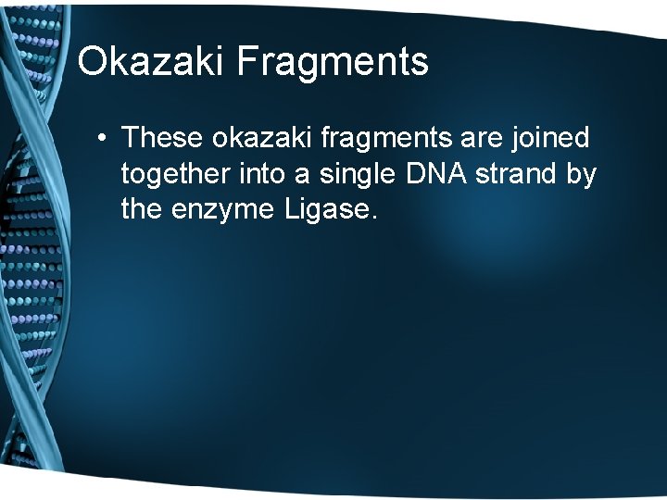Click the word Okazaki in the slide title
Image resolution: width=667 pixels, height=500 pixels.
(x=152, y=62)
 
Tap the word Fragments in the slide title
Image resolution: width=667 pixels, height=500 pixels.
(x=333, y=62)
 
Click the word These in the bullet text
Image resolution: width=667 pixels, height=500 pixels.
(x=162, y=138)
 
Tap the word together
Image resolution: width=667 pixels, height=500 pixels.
(x=175, y=174)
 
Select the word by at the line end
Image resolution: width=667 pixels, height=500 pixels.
(x=582, y=174)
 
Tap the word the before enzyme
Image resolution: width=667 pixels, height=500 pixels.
(x=143, y=210)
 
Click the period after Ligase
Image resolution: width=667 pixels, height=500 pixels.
(x=374, y=219)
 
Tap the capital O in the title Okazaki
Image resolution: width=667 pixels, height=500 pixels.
(x=94, y=62)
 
